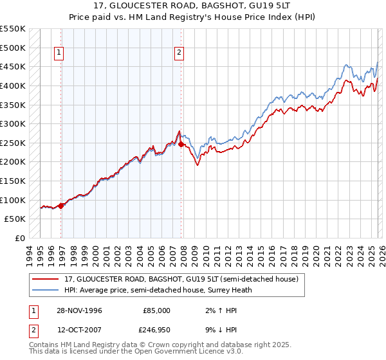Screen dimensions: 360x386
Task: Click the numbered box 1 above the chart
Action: [x=59, y=53]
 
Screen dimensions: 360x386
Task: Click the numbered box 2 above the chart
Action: [x=178, y=53]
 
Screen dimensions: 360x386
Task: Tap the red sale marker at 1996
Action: [x=61, y=206]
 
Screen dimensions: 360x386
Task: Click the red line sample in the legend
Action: [x=46, y=280]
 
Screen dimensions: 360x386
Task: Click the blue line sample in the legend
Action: [x=46, y=290]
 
